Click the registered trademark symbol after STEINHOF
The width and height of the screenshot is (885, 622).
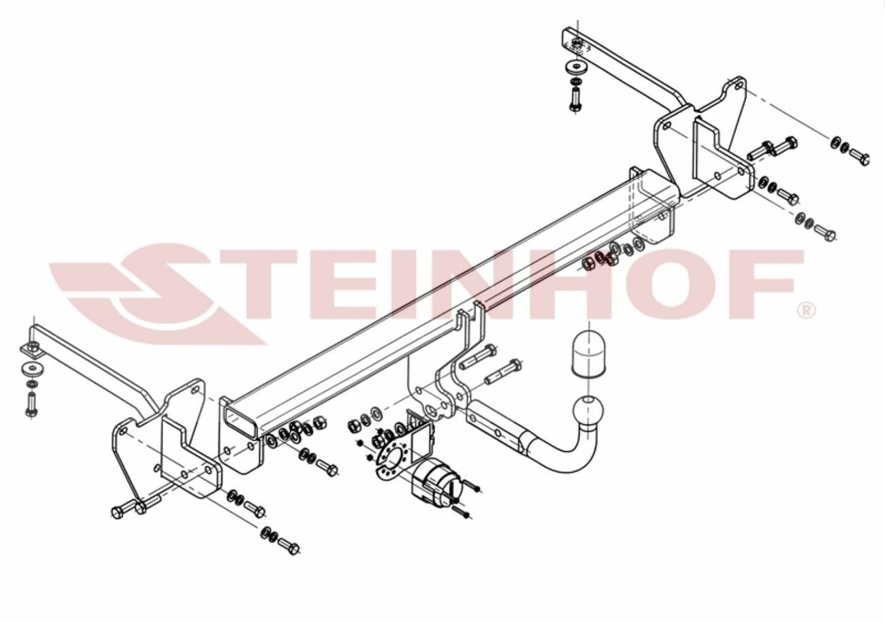tap(807, 311)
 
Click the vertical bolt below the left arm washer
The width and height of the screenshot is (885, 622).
tap(31, 404)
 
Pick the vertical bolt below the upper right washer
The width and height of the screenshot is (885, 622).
tap(575, 99)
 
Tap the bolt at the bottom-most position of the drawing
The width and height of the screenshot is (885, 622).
tap(289, 546)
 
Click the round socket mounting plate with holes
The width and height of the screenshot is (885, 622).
tap(391, 457)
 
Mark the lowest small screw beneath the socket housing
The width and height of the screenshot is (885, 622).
tap(462, 512)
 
